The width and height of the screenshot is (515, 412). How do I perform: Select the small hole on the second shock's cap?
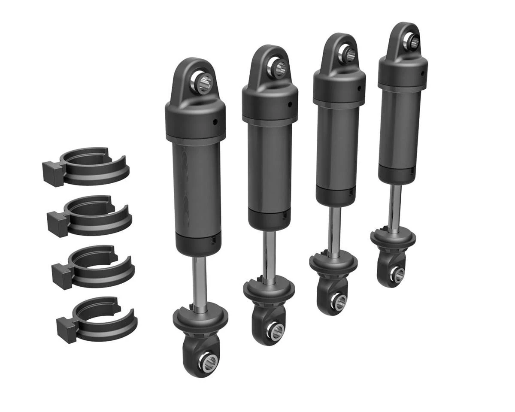point(290,104)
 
